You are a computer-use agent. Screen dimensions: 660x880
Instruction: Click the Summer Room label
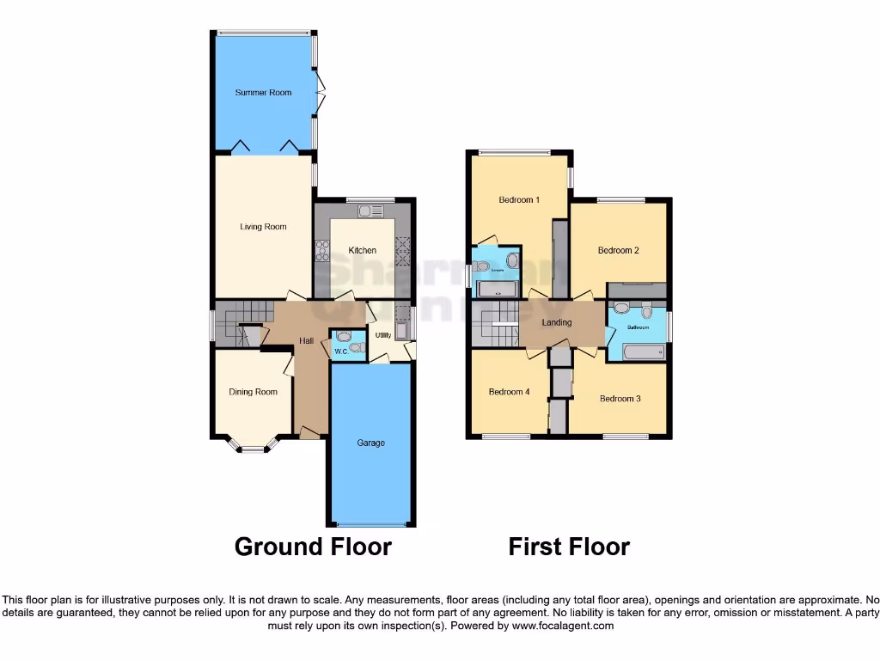point(263,93)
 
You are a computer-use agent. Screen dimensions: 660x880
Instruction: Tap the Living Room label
point(263,227)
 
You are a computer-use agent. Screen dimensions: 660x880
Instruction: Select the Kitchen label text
point(362,251)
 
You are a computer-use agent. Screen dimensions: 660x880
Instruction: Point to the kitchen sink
point(370,211)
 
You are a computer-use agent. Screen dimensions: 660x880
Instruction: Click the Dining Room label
point(253,392)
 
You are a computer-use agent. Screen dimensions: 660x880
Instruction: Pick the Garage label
point(370,443)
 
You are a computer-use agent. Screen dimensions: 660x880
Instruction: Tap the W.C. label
point(339,351)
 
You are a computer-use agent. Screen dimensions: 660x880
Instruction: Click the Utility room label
point(382,335)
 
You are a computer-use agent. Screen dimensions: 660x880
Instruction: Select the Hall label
point(306,341)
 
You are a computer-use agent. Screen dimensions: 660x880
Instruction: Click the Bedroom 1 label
point(519,200)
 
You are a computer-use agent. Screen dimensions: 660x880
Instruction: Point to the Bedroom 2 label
point(619,251)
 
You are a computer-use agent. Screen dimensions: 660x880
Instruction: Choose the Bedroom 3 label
point(620,399)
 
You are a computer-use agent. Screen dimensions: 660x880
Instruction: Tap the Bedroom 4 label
point(509,392)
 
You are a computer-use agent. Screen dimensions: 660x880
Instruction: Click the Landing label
point(557,323)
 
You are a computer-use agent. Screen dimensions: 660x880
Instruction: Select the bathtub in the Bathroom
point(643,351)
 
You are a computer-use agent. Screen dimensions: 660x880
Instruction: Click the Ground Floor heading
point(313,547)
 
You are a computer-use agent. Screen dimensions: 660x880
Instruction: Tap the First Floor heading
point(569,547)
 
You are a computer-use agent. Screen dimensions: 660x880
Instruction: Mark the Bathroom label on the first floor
point(638,327)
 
